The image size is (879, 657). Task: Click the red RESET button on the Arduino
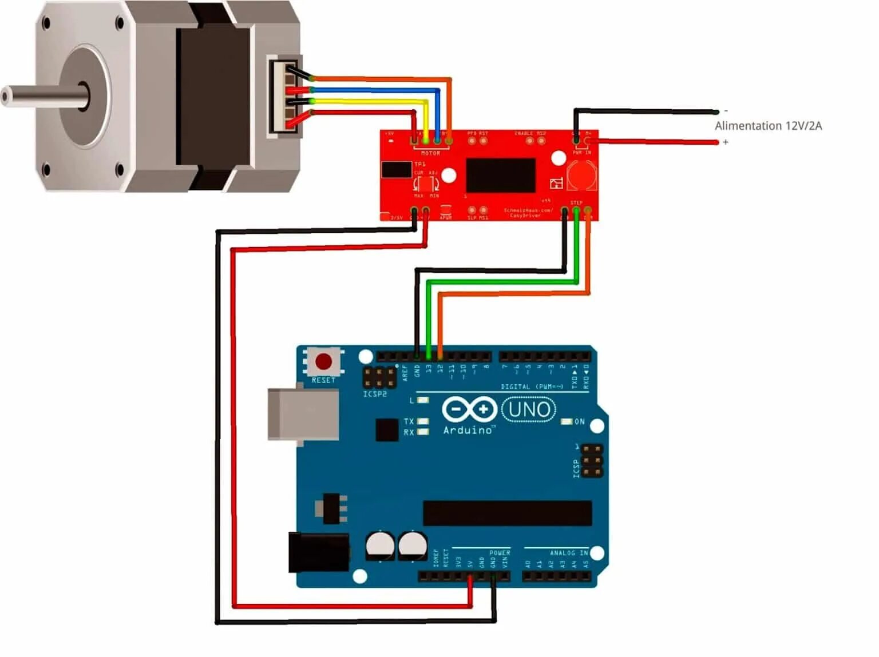point(323,361)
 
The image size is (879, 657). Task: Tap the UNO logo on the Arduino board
point(529,409)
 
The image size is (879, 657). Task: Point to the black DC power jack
point(318,552)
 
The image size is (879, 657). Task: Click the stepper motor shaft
point(40,95)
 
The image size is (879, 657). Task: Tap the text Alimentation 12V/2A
point(768,126)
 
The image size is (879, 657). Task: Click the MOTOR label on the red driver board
point(430,153)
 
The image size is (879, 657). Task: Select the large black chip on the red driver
point(501,176)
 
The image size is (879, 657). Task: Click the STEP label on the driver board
point(576,202)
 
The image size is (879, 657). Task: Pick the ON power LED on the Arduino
point(567,421)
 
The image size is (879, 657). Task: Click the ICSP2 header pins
point(379,377)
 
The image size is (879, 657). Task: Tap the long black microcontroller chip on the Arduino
point(507,513)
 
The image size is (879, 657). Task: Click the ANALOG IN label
point(568,553)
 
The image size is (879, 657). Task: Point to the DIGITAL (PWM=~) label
point(532,387)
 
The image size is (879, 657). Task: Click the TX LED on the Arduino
point(423,421)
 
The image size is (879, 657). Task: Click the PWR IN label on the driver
point(582,153)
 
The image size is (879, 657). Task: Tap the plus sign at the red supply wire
point(726,142)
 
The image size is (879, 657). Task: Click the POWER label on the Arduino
point(500,553)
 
